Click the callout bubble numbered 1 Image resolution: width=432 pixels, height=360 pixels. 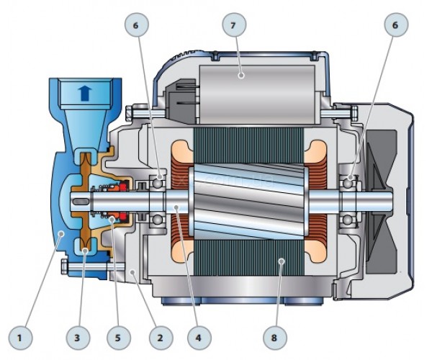pyautogui.click(x=20, y=338)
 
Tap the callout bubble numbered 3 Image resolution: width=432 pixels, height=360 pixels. pyautogui.click(x=78, y=338)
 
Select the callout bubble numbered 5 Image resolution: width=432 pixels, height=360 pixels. pyautogui.click(x=119, y=338)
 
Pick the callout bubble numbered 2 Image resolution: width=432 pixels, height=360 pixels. pyautogui.click(x=161, y=338)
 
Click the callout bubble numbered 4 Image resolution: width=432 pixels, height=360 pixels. pyautogui.click(x=199, y=338)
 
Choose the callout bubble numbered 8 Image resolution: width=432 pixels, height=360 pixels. pyautogui.click(x=275, y=338)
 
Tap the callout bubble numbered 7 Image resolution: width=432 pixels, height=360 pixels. pyautogui.click(x=234, y=24)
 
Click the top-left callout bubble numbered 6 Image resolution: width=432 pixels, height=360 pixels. pyautogui.click(x=137, y=24)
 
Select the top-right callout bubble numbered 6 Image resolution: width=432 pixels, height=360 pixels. pyautogui.click(x=396, y=24)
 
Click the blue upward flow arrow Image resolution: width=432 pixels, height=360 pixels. pyautogui.click(x=85, y=93)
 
